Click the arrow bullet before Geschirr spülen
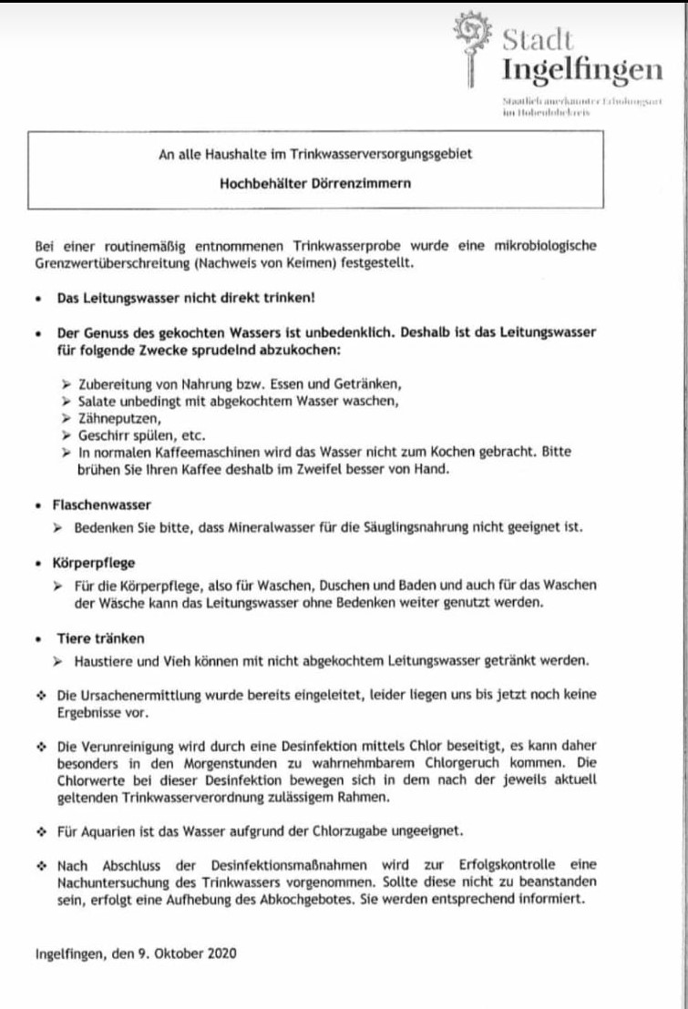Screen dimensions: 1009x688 pyautogui.click(x=66, y=435)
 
